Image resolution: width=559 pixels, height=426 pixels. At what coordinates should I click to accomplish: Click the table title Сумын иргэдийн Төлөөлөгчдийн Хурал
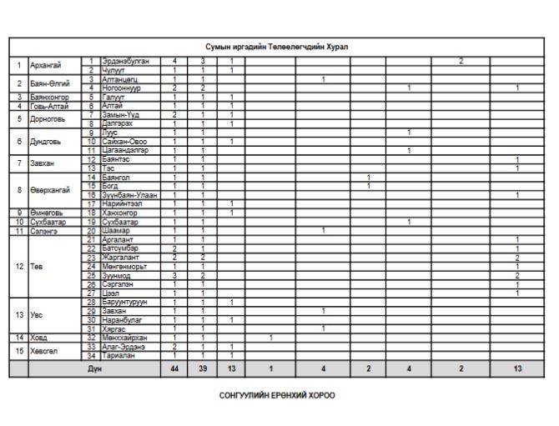pyautogui.click(x=279, y=47)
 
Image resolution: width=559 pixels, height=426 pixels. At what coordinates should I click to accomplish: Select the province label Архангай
pyautogui.click(x=43, y=65)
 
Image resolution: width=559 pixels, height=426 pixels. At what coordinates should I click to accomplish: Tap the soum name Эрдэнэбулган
pyautogui.click(x=125, y=61)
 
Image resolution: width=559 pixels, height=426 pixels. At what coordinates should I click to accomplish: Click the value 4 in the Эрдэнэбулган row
pyautogui.click(x=174, y=61)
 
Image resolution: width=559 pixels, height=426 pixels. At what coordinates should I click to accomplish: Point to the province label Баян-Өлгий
pyautogui.click(x=48, y=83)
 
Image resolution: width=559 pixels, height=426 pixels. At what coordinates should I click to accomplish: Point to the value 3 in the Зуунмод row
pyautogui.click(x=174, y=275)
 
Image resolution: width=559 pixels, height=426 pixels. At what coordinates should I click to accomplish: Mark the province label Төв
pyautogui.click(x=37, y=266)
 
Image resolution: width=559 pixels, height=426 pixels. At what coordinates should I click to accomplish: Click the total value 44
pyautogui.click(x=174, y=368)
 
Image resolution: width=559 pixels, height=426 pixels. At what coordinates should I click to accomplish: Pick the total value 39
pyautogui.click(x=203, y=368)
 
